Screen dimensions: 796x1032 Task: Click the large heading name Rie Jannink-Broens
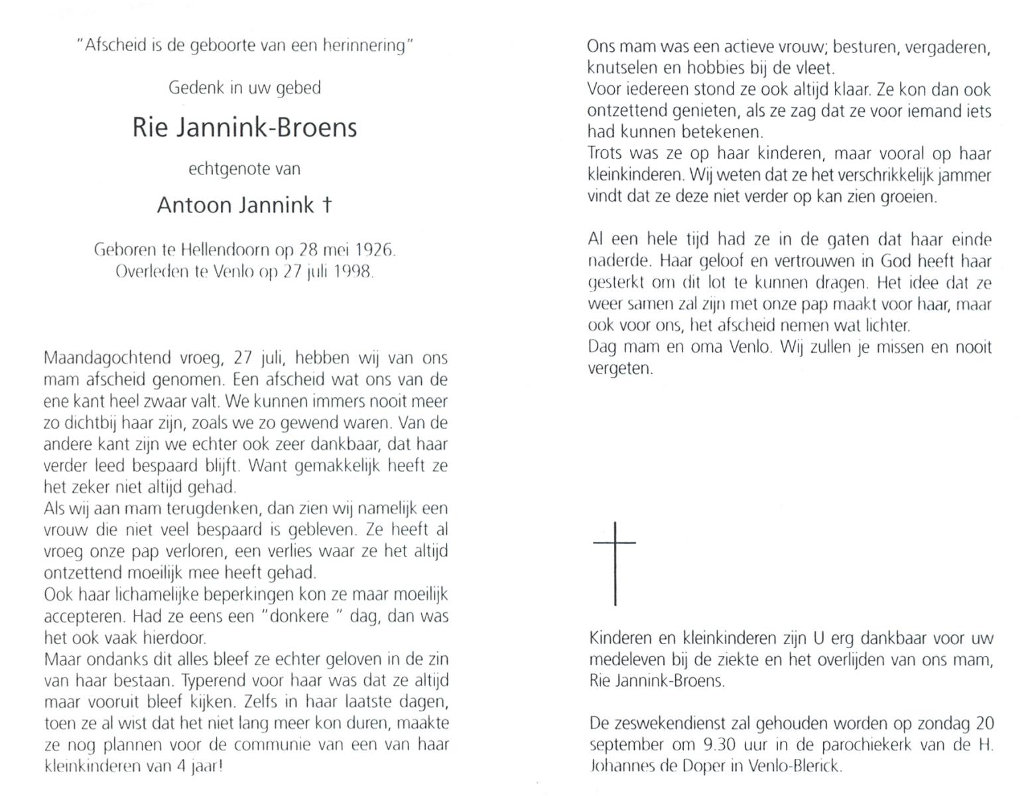244,127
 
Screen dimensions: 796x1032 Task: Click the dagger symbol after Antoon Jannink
326,205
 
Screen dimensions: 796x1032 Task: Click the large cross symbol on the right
615,563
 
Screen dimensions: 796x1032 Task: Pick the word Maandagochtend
106,359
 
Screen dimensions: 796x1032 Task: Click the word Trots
604,153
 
